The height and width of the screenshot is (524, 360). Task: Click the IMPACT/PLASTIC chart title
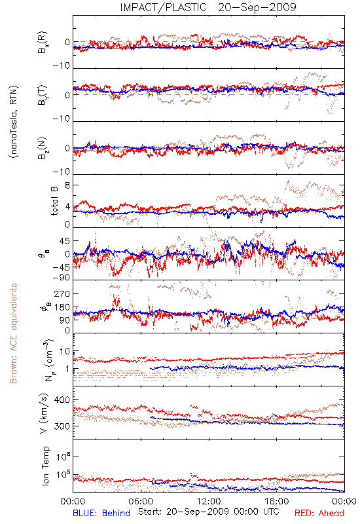coord(163,7)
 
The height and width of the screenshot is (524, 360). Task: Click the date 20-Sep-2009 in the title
coord(257,7)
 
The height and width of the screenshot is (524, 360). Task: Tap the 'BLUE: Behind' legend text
coord(101,513)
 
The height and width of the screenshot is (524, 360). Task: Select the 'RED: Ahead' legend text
coord(319,513)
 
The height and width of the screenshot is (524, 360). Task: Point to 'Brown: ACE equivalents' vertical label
coord(13,333)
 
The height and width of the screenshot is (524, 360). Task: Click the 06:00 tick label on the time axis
coord(141,501)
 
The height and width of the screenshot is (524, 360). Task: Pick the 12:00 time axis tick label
coord(209,501)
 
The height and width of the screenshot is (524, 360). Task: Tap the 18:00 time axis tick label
coord(277,501)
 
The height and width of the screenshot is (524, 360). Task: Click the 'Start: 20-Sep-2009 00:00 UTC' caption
coord(209,512)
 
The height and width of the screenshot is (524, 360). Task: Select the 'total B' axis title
coord(54,200)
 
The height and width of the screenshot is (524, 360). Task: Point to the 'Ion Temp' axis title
coord(45,466)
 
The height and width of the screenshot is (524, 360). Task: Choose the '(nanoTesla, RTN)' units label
coord(14,121)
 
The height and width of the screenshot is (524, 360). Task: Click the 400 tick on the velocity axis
coord(62,400)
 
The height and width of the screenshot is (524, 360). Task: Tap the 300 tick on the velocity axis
coord(62,426)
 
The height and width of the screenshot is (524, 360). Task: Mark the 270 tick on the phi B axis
coord(62,293)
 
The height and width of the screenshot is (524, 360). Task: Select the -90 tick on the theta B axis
coord(61,278)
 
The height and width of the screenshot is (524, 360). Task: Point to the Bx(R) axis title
coord(42,42)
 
